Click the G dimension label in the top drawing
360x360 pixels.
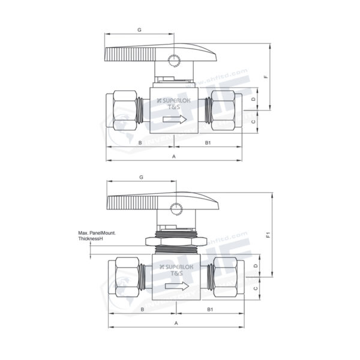pos(139,29)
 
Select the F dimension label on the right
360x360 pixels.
pos(265,77)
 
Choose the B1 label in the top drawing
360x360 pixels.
pos(208,142)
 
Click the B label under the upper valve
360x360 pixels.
pos(140,142)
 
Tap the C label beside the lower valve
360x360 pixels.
pos(254,289)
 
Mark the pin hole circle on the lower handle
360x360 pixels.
pos(176,209)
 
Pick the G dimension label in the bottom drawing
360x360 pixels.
pos(141,178)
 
